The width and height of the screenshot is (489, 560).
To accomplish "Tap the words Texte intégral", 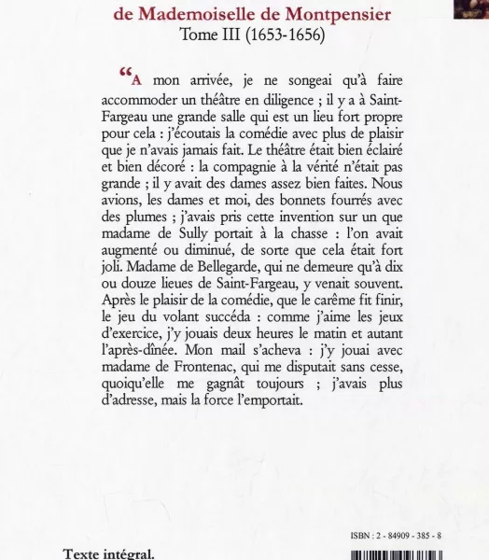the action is click(x=109, y=552).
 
